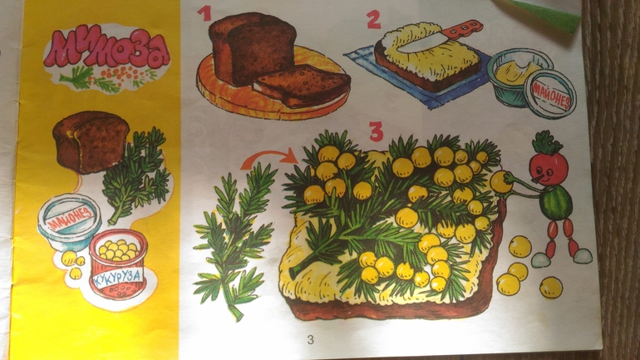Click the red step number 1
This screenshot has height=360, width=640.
pos(204,12)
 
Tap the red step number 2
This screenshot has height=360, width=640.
pos(373,20)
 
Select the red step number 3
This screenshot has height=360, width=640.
pos(376,131)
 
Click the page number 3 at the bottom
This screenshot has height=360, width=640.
pos(311,339)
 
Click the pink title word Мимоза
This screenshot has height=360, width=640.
pos(107,49)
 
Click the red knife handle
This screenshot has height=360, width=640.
pos(462,29)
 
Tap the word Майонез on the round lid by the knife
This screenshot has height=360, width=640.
pos(550,96)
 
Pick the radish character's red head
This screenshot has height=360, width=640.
pos(549,167)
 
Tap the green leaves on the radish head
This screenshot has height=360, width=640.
pos(547,143)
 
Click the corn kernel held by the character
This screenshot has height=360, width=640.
pos(500,182)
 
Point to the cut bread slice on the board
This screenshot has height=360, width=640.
pos(301,86)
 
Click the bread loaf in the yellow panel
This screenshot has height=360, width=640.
pos(91,141)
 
